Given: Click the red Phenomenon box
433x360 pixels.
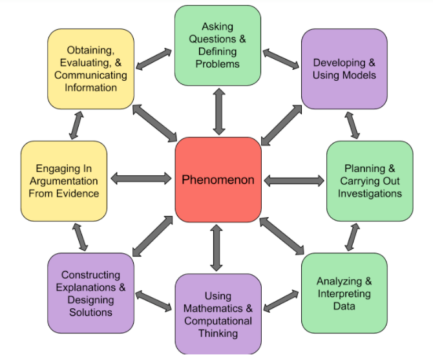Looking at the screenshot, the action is click(x=218, y=180).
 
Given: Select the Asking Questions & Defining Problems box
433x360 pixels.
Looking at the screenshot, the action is click(x=218, y=45).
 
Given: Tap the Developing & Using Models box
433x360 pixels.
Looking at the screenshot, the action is click(x=344, y=69).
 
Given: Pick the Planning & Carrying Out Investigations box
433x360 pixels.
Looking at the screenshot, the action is click(x=370, y=181).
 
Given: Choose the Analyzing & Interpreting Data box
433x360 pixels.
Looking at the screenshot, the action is click(x=344, y=293).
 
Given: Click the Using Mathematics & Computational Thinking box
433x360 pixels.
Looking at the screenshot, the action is click(x=218, y=314).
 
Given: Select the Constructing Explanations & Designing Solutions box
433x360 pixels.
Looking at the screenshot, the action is click(x=91, y=293).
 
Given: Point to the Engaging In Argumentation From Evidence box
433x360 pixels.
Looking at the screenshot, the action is click(x=64, y=181).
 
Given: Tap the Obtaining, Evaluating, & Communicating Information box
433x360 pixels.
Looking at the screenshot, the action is click(x=91, y=69).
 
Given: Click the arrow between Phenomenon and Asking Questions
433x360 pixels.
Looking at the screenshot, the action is click(x=219, y=112).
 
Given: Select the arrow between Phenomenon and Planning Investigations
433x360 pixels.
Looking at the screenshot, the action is click(x=294, y=181).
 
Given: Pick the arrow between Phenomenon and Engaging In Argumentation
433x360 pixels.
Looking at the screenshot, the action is click(x=141, y=178).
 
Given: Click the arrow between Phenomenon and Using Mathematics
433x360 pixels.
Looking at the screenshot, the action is click(x=216, y=248).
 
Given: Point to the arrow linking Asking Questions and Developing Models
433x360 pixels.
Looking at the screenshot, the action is click(x=281, y=59).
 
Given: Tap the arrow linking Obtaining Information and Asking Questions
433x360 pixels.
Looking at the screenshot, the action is click(x=154, y=59).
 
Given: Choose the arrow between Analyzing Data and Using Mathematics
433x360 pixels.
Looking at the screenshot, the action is click(x=281, y=301).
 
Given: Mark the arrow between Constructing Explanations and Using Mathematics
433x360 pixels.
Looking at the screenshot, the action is click(x=154, y=301).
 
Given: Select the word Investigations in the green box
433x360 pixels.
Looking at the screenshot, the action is click(x=370, y=193).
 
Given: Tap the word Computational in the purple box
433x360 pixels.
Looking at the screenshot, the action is click(x=218, y=321).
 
